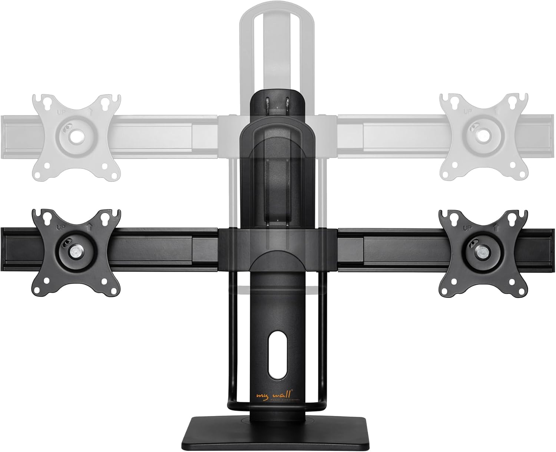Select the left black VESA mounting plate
pos(76,252)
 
